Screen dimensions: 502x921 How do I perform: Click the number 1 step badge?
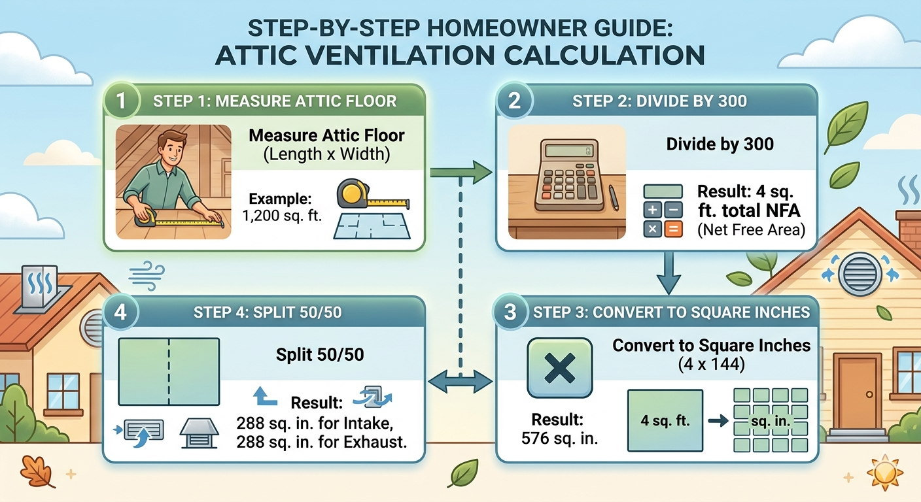point(122,101)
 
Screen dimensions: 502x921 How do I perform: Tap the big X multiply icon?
point(559,367)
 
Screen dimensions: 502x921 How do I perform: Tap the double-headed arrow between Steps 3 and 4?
point(460,380)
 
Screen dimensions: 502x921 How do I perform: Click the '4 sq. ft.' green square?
point(665,420)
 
